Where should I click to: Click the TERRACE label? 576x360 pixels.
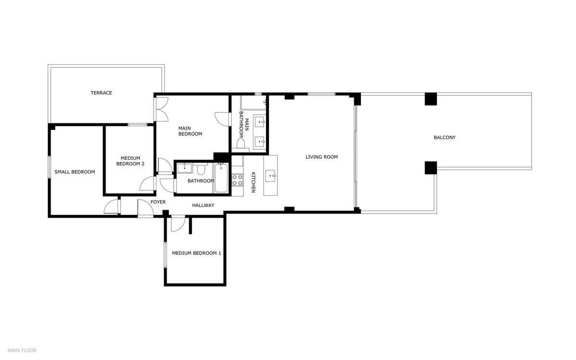(x=101, y=93)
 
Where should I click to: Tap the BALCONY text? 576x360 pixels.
(x=444, y=137)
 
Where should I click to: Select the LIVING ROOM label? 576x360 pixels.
(x=322, y=157)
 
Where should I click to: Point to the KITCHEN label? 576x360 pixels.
(x=253, y=183)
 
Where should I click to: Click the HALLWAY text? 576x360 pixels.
(x=203, y=205)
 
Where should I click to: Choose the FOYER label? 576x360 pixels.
(x=158, y=202)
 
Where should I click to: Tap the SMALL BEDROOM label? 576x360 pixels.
(x=74, y=172)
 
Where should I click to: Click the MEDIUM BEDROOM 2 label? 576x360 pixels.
(x=130, y=161)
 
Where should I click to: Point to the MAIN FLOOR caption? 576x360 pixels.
(x=22, y=350)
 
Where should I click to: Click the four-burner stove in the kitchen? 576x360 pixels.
(x=237, y=180)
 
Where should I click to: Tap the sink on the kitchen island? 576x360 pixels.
(x=271, y=176)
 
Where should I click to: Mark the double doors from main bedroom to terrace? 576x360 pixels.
(x=161, y=109)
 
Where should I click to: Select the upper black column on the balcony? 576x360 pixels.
(x=431, y=98)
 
